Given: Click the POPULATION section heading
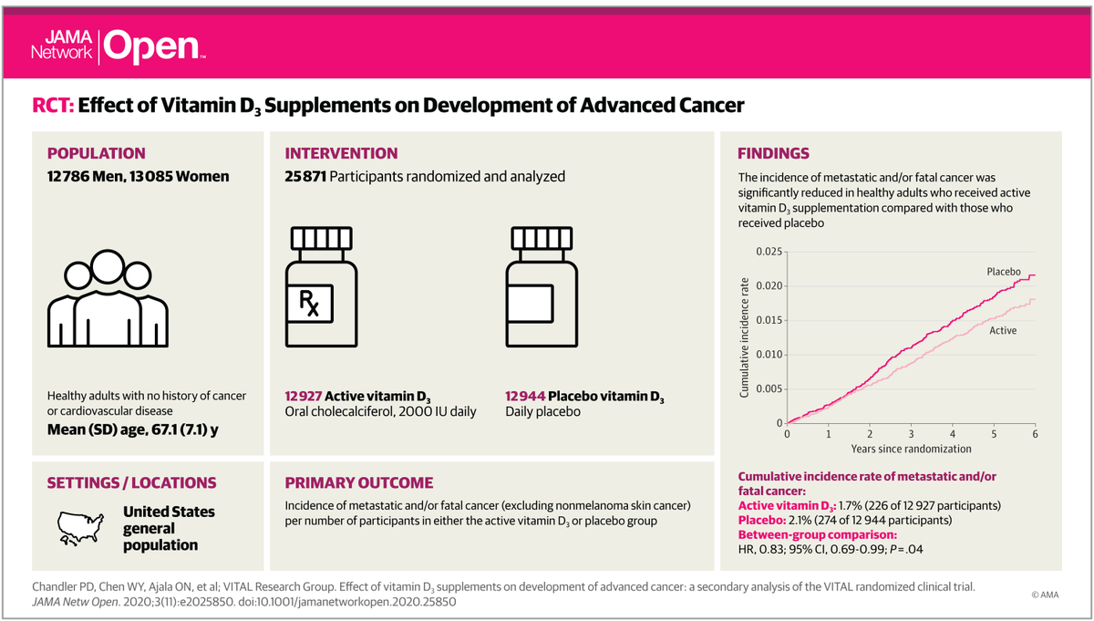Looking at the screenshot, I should coord(96,153).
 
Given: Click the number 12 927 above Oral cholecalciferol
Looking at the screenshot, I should coord(305,397).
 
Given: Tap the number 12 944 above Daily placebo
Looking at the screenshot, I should coord(526,397).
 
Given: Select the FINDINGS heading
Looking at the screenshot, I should coord(773,153).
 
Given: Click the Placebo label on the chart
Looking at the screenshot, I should coord(1001,272).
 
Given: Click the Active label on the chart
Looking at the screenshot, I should coord(1003,330).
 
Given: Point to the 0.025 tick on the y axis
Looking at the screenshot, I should coord(767,251).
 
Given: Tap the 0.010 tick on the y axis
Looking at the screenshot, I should coord(767,355).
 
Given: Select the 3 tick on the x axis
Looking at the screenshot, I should coord(911,434).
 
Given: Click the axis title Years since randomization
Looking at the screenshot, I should coord(911,449).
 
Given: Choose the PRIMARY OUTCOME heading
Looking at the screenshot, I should coord(359,482).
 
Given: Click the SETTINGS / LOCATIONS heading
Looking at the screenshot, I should coord(131,482).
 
